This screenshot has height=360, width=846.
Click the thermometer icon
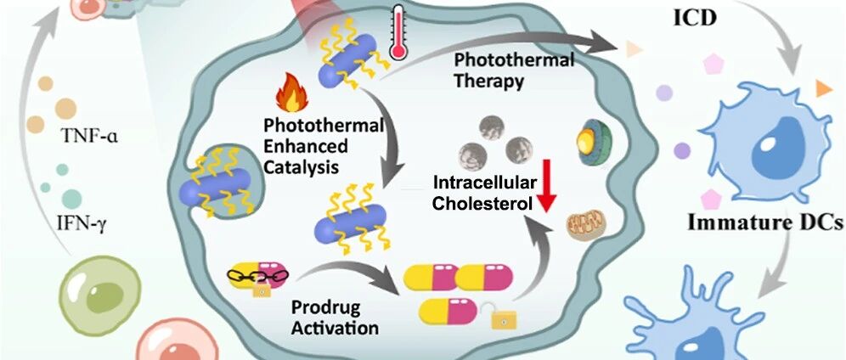[399, 32]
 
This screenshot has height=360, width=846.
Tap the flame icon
[291, 93]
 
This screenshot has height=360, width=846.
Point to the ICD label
[695, 19]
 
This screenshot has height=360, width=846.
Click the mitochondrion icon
[585, 225]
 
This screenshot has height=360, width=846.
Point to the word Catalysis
[301, 166]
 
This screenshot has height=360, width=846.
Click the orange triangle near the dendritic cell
[823, 87]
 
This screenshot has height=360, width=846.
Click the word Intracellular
[485, 183]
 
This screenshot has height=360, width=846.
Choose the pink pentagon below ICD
[714, 64]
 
